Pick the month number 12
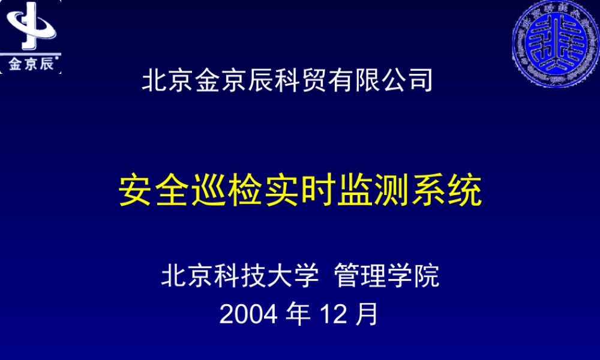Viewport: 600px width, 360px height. [x=334, y=314]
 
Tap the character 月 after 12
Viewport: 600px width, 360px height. [x=368, y=314]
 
